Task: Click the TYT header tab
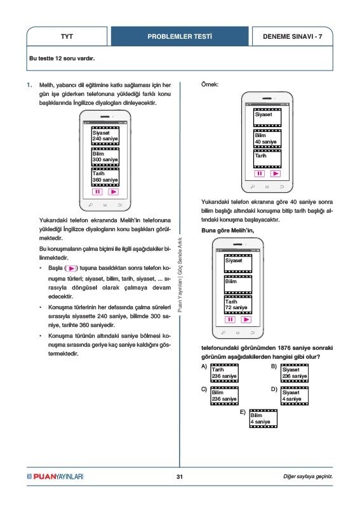coord(67,36)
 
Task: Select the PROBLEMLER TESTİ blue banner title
coord(180,36)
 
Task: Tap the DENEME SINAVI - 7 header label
coord(292,36)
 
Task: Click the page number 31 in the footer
coord(180,477)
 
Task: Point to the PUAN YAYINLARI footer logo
coord(55,476)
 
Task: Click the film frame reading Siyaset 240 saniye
coord(105,136)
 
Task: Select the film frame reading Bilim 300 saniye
coord(105,156)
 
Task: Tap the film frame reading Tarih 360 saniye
coord(105,177)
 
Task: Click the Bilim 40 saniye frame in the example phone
coord(267,138)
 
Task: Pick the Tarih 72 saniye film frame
coord(238,305)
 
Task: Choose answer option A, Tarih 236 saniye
coord(224,373)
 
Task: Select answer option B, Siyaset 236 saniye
coord(295,373)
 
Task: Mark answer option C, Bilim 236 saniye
coord(224,396)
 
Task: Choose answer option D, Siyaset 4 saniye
coord(295,396)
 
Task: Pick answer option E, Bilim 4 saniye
coord(263,418)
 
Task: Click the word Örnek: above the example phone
coord(210,84)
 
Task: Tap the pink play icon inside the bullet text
coord(71,269)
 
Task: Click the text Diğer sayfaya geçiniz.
coord(308,477)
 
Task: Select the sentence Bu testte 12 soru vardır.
coord(62,58)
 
